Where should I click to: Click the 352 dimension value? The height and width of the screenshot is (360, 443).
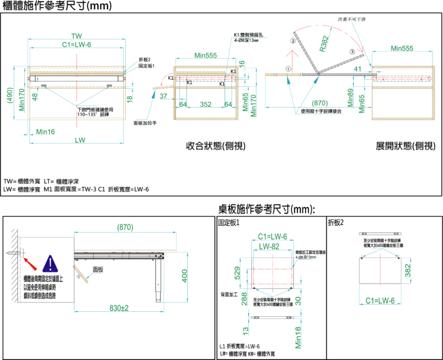[205, 104]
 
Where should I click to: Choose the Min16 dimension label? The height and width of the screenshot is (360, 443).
[45, 131]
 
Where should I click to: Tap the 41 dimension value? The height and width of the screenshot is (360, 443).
[358, 69]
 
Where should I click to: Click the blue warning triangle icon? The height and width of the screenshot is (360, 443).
[50, 264]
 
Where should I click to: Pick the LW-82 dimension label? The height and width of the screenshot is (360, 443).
[272, 245]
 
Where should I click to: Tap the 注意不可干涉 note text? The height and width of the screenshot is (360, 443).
[357, 19]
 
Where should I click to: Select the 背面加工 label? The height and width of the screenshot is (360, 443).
[228, 294]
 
